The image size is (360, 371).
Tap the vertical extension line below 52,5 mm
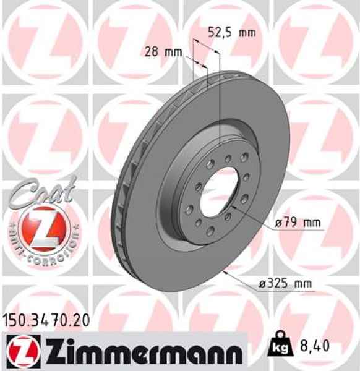(x=220, y=93)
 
